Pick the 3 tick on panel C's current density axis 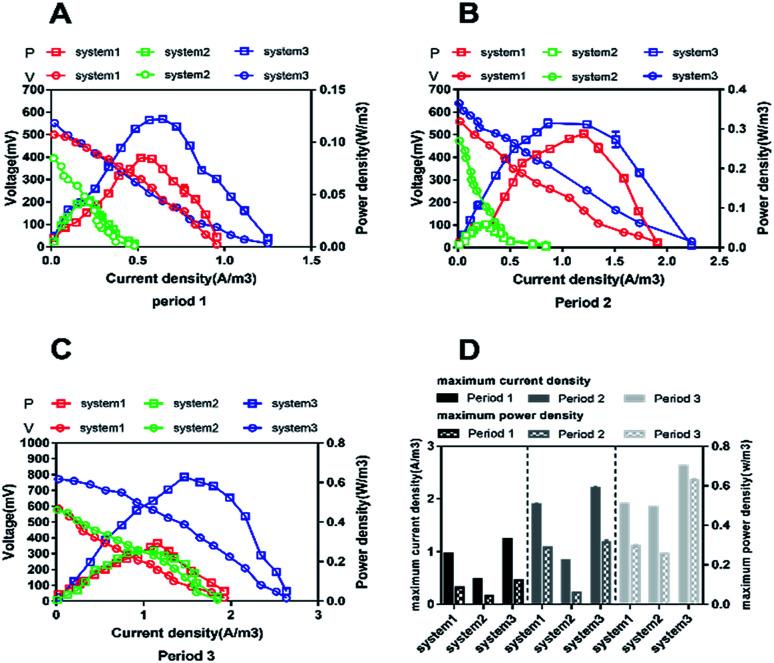click(317, 614)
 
